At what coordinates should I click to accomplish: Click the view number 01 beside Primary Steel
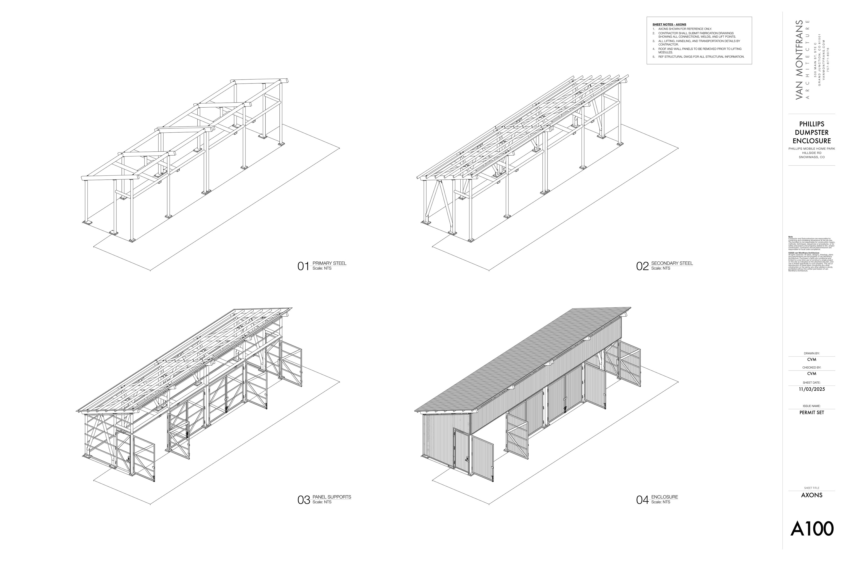click(303, 266)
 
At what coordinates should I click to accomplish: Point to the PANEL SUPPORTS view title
click(331, 497)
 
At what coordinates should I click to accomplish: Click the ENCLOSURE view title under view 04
click(664, 497)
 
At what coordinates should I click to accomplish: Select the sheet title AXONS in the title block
click(812, 495)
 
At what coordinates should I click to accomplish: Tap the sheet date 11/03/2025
click(812, 389)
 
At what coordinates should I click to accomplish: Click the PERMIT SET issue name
click(812, 412)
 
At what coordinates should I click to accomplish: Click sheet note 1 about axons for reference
click(685, 29)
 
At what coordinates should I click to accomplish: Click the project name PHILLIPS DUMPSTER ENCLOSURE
click(812, 132)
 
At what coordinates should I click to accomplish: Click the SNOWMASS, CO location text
click(812, 157)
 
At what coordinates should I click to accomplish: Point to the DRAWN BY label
click(812, 353)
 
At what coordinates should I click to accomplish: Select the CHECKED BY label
click(812, 367)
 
